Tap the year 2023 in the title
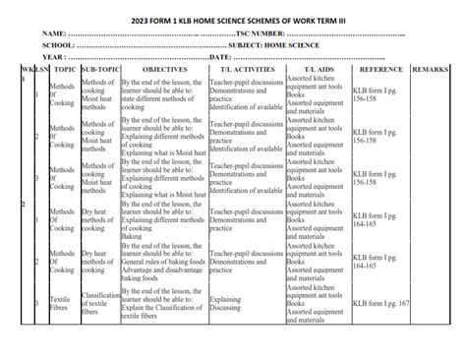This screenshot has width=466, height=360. click(136, 20)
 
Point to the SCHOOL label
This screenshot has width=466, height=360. click(61, 46)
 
